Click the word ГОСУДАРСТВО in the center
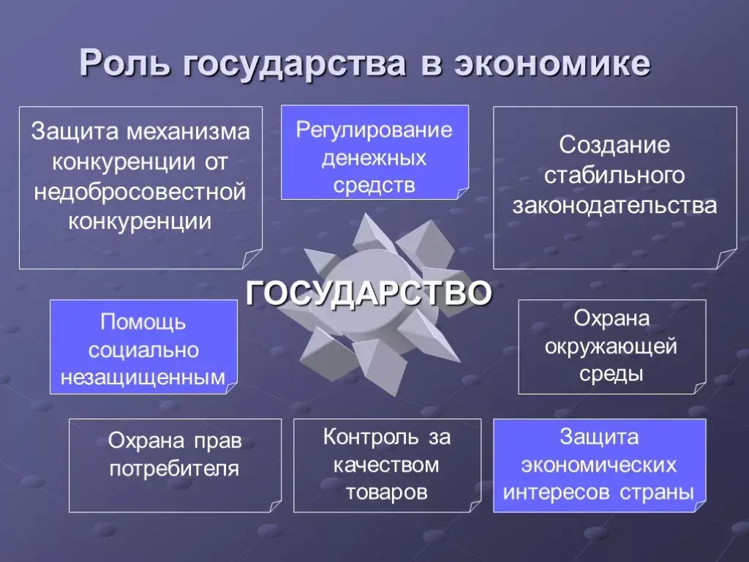pyautogui.click(x=369, y=293)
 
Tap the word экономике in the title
pyautogui.click(x=552, y=64)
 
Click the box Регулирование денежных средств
pyautogui.click(x=374, y=152)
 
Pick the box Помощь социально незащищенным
pyautogui.click(x=143, y=347)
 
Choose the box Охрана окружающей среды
pyautogui.click(x=611, y=347)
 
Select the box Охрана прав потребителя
pyautogui.click(x=175, y=465)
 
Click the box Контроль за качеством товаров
pyautogui.click(x=387, y=465)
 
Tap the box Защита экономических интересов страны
pyautogui.click(x=599, y=465)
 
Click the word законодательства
pyautogui.click(x=614, y=205)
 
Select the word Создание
pyautogui.click(x=614, y=144)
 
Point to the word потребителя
pyautogui.click(x=175, y=468)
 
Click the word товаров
pyautogui.click(x=387, y=491)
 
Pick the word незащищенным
pyautogui.click(x=143, y=375)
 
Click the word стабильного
pyautogui.click(x=614, y=175)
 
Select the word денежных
pyautogui.click(x=374, y=157)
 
